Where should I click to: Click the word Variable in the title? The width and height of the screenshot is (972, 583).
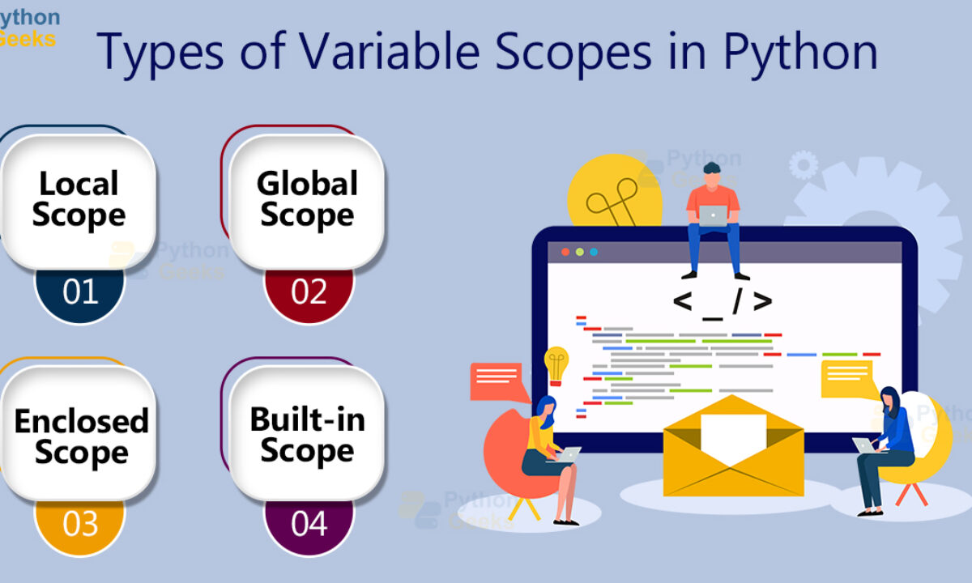[390, 51]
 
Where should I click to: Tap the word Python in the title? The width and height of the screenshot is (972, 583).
[800, 53]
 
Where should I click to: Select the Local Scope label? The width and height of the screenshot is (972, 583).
[79, 198]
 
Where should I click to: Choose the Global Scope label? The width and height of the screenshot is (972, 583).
[307, 198]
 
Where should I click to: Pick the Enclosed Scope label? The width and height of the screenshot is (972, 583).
[82, 437]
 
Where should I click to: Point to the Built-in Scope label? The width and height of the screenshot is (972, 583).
[308, 436]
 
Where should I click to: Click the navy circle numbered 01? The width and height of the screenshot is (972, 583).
[79, 296]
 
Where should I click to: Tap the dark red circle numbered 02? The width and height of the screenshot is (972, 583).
[309, 296]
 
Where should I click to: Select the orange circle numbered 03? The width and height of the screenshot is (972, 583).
[79, 527]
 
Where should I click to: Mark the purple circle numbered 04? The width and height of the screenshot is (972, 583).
[309, 527]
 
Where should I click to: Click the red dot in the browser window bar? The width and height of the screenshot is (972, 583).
[565, 252]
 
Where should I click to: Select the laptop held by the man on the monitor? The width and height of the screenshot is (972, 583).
[713, 215]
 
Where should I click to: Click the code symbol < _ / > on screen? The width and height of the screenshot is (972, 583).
[723, 303]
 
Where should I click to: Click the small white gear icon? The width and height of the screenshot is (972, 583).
[804, 165]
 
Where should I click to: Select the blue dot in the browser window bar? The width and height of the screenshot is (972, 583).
[594, 252]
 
